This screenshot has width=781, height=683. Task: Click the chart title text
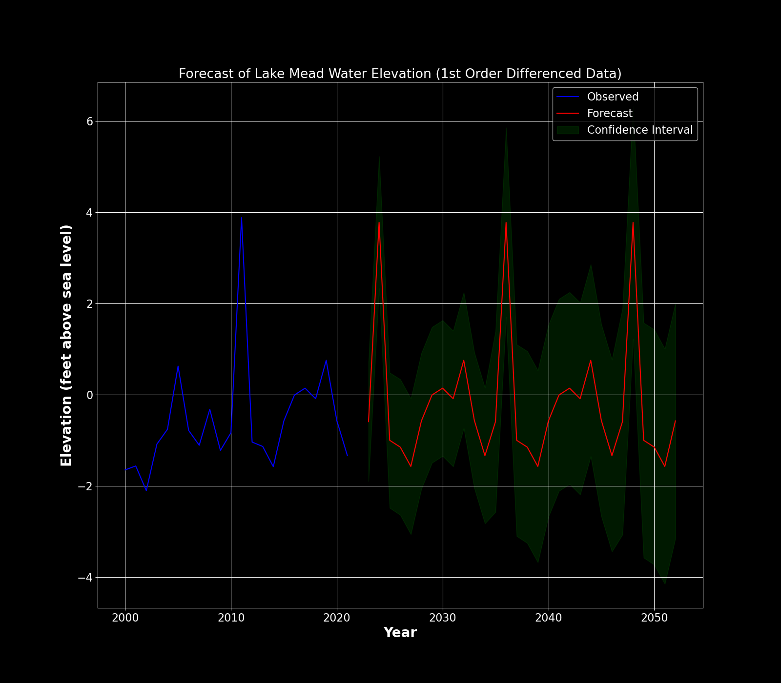[400, 74]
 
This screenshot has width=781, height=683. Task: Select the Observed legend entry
[612, 97]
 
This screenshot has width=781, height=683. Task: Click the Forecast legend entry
[609, 113]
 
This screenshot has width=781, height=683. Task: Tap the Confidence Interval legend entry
[639, 130]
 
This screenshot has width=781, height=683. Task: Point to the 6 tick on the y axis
[90, 121]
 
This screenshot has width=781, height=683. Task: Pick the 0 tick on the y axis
[90, 395]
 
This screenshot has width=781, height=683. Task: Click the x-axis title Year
[400, 633]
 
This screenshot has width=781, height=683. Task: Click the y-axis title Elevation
[66, 345]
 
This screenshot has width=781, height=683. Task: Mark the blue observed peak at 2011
[242, 218]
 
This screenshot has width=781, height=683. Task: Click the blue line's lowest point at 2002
[146, 490]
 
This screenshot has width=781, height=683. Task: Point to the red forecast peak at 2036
[506, 222]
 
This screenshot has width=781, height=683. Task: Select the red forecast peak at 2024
[379, 222]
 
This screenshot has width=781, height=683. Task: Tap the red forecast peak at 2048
[633, 222]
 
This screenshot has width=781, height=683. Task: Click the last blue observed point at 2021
[348, 456]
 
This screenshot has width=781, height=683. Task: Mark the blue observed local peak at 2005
[178, 366]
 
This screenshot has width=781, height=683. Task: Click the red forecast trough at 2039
[538, 466]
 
